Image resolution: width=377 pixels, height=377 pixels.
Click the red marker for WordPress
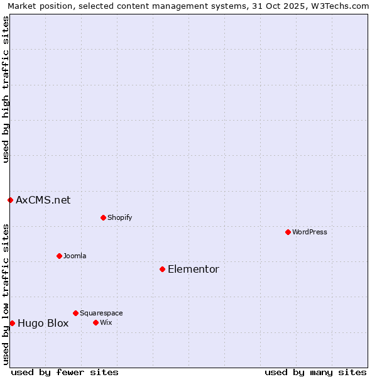[288, 232]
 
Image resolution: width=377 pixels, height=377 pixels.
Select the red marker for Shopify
[103, 217]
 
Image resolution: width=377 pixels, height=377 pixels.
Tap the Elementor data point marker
[162, 269]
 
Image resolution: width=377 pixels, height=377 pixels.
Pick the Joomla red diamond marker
[59, 256]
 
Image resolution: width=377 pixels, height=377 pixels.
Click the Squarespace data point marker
[75, 313]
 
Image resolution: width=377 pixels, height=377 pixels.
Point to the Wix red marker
[96, 322]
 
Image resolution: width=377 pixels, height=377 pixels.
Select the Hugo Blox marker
[12, 323]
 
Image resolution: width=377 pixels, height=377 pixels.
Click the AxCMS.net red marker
[10, 200]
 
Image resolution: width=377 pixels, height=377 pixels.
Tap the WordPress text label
[310, 232]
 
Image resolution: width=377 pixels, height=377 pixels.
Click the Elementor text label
[194, 269]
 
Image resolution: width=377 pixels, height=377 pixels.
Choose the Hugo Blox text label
[43, 323]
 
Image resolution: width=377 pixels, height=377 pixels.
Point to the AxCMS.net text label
[43, 200]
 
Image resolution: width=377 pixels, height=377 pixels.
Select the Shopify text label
[120, 217]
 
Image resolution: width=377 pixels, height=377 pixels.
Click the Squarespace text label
[101, 313]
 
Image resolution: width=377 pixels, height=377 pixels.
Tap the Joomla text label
[75, 256]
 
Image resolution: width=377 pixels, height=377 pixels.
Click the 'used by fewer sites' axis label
[65, 372]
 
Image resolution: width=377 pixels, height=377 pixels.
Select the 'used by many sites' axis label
[315, 372]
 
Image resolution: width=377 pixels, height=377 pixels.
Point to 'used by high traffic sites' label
[6, 89]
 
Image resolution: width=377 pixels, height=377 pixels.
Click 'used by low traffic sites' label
[6, 294]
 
